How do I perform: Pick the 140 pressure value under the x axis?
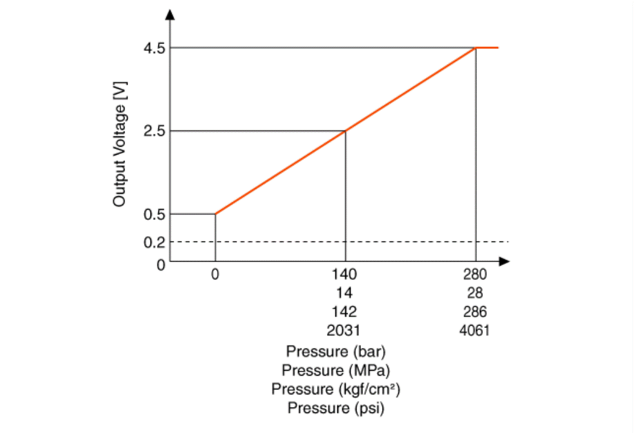pos(344,275)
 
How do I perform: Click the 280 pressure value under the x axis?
pos(475,275)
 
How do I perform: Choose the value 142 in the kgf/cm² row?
pos(344,312)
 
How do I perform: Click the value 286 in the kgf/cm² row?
pos(475,312)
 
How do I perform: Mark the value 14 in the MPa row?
pos(344,293)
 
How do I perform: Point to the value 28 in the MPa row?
pos(475,293)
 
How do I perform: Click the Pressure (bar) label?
pos(336,351)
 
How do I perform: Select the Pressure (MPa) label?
pos(336,370)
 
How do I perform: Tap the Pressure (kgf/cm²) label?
pos(336,389)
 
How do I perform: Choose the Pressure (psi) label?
pos(336,408)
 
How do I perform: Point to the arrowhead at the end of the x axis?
pos(505,261)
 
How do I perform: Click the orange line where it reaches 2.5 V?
pos(345,131)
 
